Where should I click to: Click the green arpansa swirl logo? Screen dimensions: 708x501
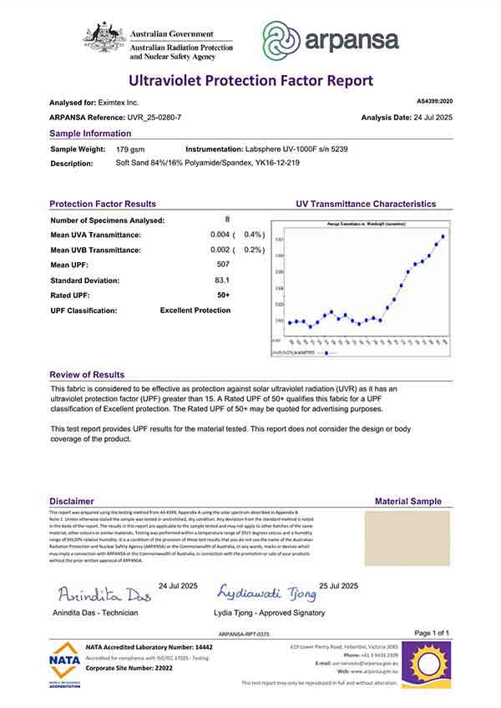click(x=281, y=39)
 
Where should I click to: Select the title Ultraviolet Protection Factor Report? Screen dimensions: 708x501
click(x=250, y=81)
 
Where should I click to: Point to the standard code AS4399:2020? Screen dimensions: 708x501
click(x=428, y=100)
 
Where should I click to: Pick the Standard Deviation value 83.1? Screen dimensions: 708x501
click(x=222, y=280)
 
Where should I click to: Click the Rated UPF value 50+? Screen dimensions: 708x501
click(x=223, y=295)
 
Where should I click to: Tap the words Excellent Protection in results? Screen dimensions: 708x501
click(x=195, y=311)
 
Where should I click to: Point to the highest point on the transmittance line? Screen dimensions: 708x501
click(x=443, y=236)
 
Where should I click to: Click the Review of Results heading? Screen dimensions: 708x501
click(x=87, y=375)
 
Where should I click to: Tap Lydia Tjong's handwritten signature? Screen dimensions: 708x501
click(x=266, y=594)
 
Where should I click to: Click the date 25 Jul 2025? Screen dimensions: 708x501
click(x=338, y=585)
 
